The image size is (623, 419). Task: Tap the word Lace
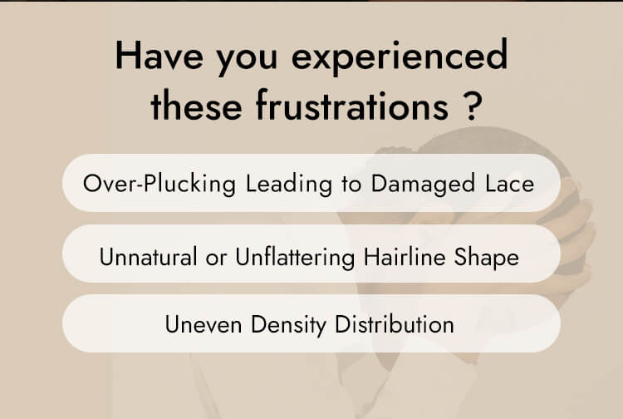point(507,183)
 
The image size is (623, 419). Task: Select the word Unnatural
point(149,256)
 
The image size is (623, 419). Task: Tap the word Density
point(287,324)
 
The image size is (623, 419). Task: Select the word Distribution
point(394,324)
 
